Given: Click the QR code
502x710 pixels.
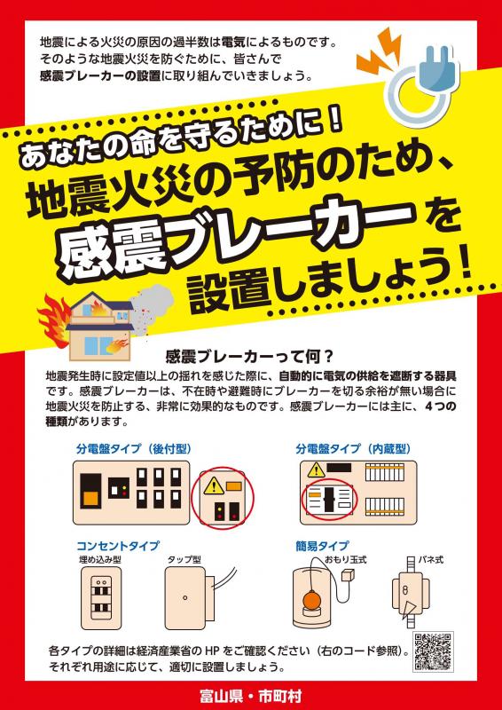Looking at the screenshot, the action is click(x=433, y=651).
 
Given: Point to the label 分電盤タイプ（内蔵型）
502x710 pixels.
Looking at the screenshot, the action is click(x=353, y=449).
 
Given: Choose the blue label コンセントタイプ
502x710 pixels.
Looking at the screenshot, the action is click(x=118, y=545).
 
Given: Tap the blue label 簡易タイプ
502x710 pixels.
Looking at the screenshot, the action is click(x=322, y=545).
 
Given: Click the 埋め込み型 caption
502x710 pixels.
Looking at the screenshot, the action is click(x=100, y=559).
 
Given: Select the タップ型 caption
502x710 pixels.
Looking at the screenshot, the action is click(x=184, y=559).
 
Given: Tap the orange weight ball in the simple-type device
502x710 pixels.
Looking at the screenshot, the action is click(x=311, y=602).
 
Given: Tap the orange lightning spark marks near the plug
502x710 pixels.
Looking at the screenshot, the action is click(x=379, y=51).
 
